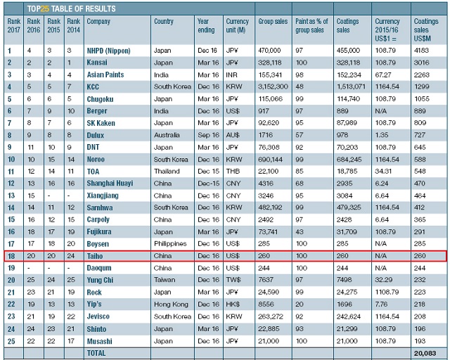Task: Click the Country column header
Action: click(164, 22)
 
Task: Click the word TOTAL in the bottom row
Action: click(98, 352)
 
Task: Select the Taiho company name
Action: click(95, 256)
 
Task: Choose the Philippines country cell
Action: click(169, 244)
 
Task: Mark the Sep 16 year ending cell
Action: click(207, 135)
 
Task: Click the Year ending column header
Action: click(205, 26)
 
